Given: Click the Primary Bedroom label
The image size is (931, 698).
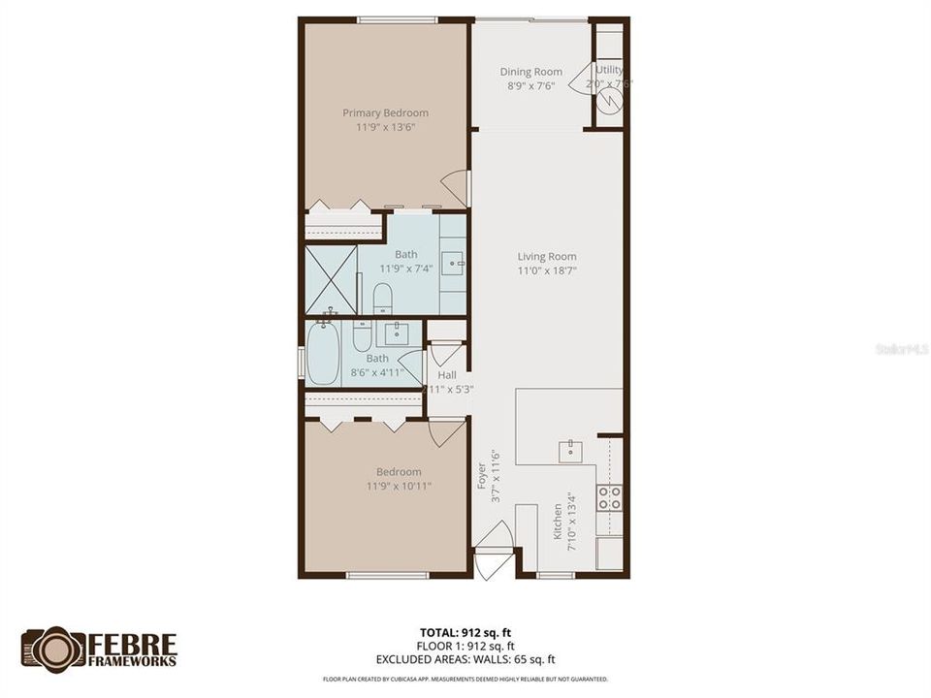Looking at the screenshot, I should pos(385,112).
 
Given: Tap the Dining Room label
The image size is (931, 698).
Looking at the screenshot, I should pos(530,72).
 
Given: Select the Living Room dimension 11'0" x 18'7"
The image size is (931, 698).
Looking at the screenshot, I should pos(547,271).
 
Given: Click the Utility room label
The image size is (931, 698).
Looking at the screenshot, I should pos(609,70).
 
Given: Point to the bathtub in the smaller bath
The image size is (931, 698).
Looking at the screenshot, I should pos(324,354).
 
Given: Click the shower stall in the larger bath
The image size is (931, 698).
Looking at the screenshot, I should pos(332,280).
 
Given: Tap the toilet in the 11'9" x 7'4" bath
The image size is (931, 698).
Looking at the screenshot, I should pos(382,295).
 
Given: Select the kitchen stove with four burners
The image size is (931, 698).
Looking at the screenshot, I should pos(609,498).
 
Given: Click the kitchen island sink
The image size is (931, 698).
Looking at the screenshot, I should pos(568,452).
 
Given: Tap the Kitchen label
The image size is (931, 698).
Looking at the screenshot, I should pos(558,524).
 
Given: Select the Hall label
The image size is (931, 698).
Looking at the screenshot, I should pos(446,375).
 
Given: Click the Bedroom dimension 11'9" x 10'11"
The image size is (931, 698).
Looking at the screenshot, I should pos(399,486).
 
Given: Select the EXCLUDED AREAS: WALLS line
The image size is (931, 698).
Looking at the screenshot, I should pos(465,660).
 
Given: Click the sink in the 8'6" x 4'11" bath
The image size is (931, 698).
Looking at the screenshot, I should pos(396,334).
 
